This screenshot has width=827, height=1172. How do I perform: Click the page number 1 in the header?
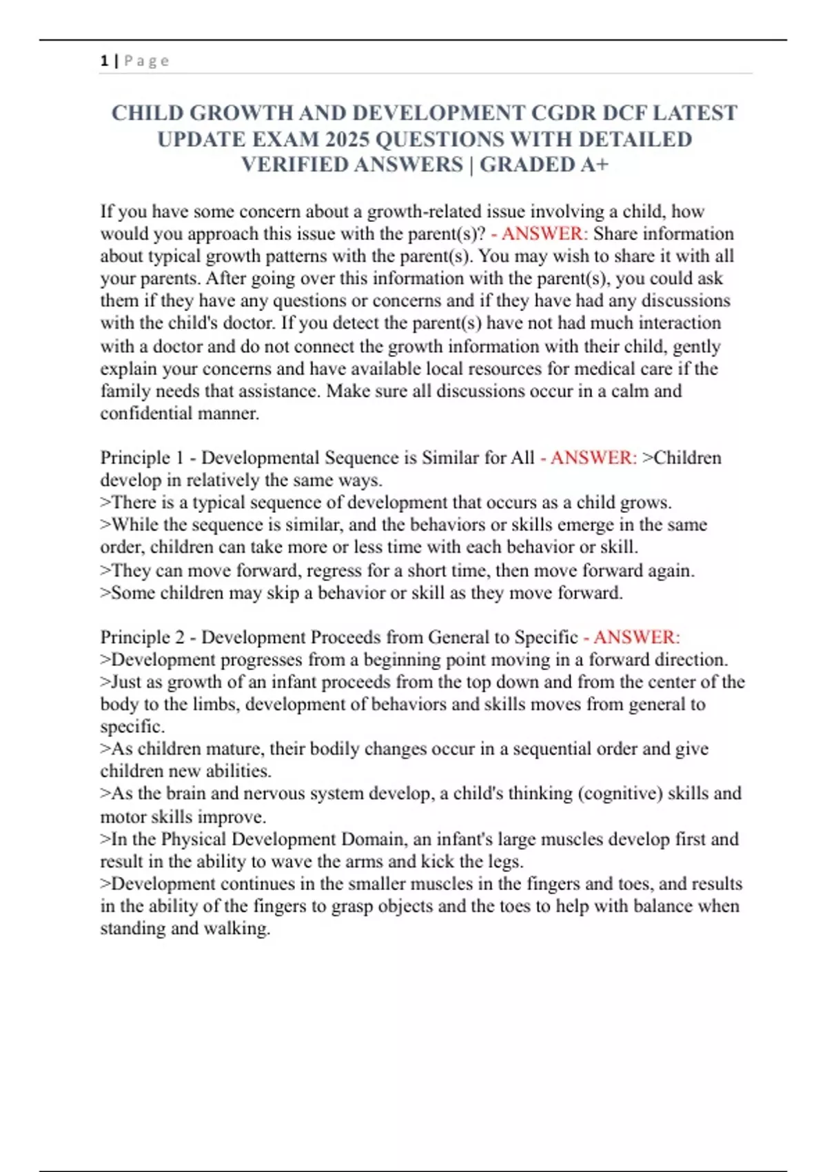104,61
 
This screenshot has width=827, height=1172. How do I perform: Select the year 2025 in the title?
347,139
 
